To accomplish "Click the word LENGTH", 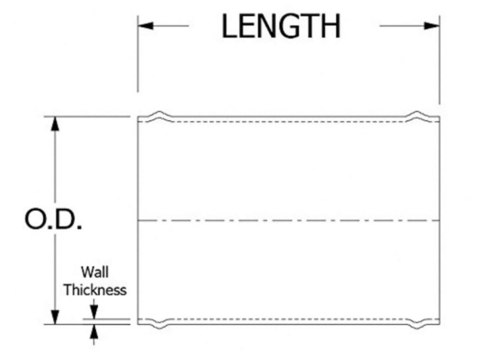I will pos(281,26).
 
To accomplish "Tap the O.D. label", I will pos(53,220).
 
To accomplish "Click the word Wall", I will pos(95,272).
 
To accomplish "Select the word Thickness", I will pos(95,290).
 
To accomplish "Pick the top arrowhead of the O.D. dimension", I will pos(56,124).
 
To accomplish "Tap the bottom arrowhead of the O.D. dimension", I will pos(56,317).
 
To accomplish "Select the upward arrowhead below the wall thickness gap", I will pos(94,331).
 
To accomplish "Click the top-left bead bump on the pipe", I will pos(159,114).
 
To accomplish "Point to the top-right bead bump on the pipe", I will pos(418,114).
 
